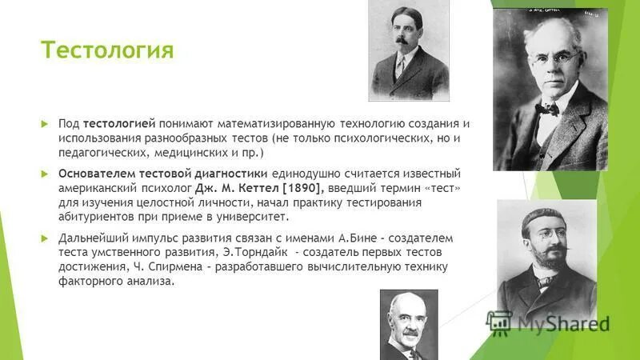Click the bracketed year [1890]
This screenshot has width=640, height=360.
coord(298,187)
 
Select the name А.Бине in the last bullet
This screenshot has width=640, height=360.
coord(375,238)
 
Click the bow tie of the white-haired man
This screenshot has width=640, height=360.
coord(546,106)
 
